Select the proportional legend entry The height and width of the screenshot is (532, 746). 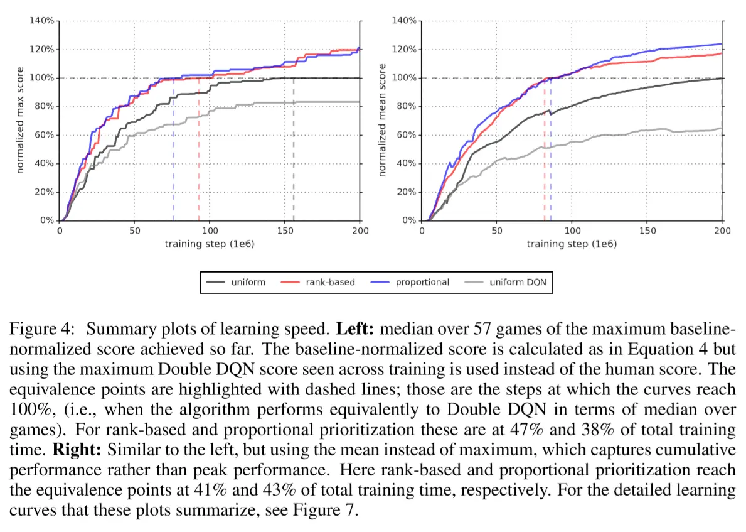[x=422, y=282]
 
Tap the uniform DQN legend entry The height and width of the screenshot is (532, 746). [x=518, y=282]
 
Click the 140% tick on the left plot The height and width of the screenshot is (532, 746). [x=42, y=21]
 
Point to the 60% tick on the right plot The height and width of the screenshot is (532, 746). [x=405, y=135]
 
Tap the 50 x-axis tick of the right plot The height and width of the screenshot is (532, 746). [x=497, y=231]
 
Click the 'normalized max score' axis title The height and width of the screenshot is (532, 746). [x=21, y=121]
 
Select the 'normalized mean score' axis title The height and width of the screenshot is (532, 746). [x=383, y=121]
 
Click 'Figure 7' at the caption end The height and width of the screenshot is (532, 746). [x=328, y=510]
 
